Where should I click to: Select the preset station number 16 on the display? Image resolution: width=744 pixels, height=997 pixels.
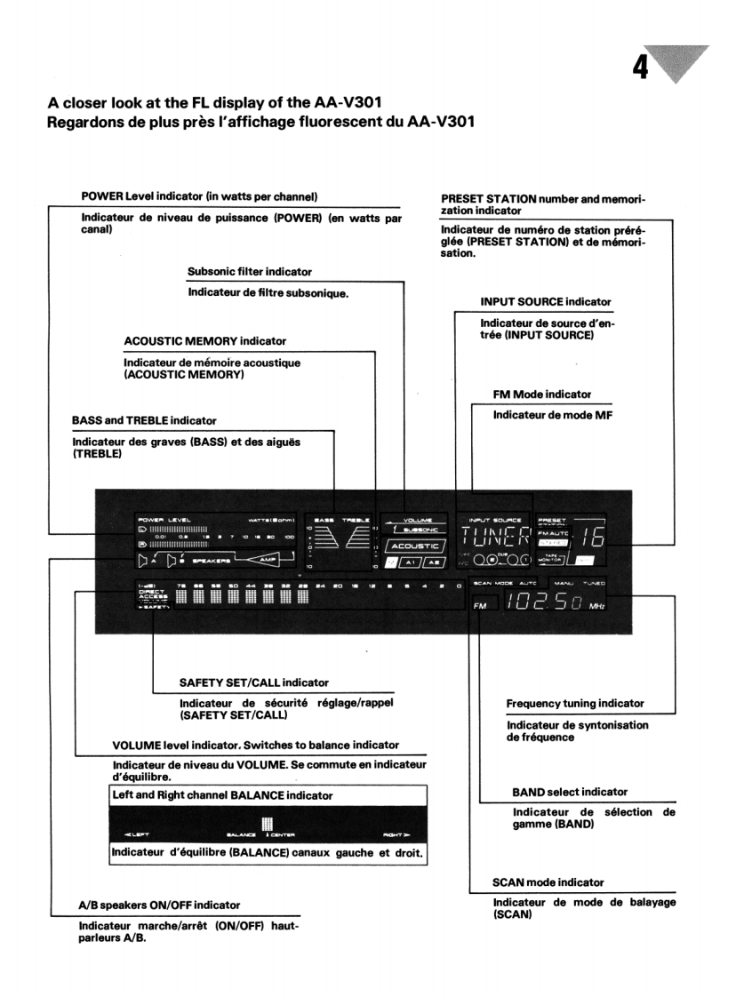click(x=587, y=539)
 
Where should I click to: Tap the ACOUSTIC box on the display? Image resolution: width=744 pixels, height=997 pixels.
click(x=412, y=546)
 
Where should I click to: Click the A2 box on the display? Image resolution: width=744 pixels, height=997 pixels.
click(x=435, y=562)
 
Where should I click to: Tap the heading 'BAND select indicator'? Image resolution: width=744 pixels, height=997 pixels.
click(x=570, y=792)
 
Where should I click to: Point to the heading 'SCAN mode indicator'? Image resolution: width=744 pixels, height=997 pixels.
click(x=548, y=882)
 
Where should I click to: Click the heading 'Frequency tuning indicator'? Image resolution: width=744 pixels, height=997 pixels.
click(x=575, y=704)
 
